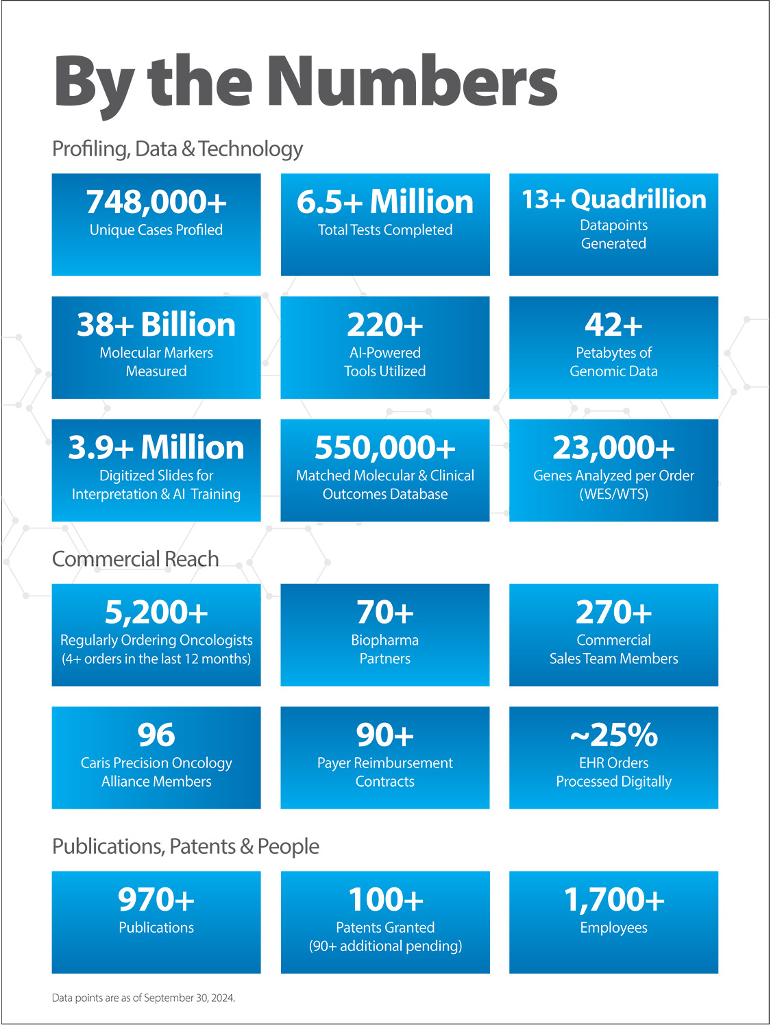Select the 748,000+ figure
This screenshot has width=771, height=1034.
(x=156, y=202)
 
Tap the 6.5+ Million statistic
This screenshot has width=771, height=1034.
(x=385, y=202)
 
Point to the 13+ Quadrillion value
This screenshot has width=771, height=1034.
(x=613, y=199)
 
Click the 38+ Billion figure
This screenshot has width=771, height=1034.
(x=156, y=325)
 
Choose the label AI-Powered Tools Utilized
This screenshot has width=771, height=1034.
(x=385, y=362)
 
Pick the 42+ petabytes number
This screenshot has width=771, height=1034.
(x=613, y=325)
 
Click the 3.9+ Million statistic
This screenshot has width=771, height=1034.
(x=156, y=447)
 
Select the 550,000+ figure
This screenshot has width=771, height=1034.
(x=385, y=447)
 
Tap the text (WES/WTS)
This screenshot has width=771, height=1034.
(x=613, y=494)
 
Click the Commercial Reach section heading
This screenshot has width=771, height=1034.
(x=136, y=559)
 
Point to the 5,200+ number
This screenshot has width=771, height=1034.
(x=156, y=612)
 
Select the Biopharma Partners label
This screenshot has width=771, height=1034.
(x=385, y=650)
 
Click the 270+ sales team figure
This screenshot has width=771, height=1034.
(x=613, y=612)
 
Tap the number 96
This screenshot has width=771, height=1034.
(x=156, y=735)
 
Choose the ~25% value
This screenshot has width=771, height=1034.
(x=613, y=735)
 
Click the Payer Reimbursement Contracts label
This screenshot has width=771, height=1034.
(x=385, y=772)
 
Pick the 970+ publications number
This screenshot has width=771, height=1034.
(x=156, y=900)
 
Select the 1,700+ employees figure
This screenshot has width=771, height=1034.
(x=613, y=900)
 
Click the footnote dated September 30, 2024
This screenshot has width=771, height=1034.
(x=144, y=998)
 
